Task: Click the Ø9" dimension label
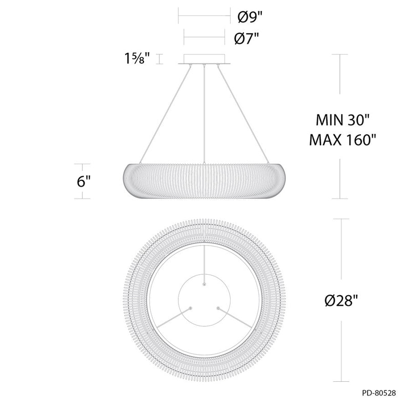[x=250, y=17]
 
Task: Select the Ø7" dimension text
[x=247, y=39]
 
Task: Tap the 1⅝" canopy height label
[x=137, y=58]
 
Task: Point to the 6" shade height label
[x=84, y=181]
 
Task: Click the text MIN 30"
[x=342, y=120]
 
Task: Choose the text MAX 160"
[x=342, y=140]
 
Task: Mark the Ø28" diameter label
[x=341, y=300]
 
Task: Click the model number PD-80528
[x=379, y=393]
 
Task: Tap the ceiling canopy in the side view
[x=204, y=59]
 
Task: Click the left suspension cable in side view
[x=165, y=114]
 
